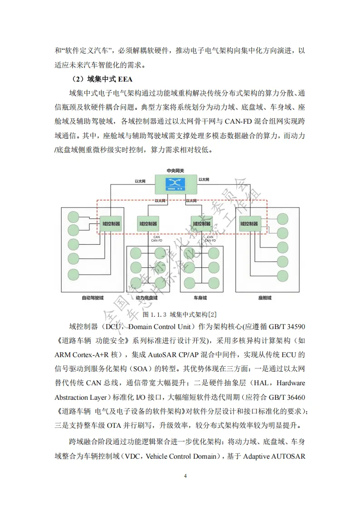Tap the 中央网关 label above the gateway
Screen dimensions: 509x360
[x=175, y=171]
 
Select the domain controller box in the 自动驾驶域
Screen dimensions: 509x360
[x=111, y=223]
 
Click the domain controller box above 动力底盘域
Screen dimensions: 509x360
[x=148, y=223]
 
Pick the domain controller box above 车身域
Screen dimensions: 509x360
[x=202, y=223]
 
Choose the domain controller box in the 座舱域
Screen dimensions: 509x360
[x=249, y=223]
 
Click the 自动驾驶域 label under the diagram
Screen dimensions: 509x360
[x=92, y=298]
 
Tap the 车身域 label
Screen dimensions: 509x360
[x=200, y=298]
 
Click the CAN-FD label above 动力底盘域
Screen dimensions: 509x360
[x=156, y=240]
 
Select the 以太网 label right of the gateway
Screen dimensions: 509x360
[x=204, y=180]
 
